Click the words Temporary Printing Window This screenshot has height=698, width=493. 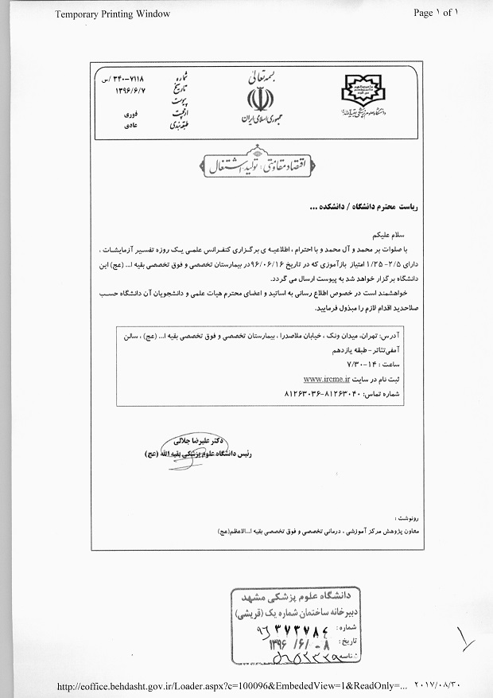tap(112, 14)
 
